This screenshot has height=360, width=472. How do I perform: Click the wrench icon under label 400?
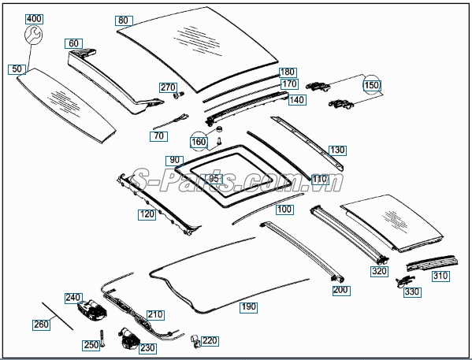pyautogui.click(x=33, y=35)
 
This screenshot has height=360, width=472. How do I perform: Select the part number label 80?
pyautogui.click(x=124, y=20)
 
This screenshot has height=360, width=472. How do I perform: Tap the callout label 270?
pyautogui.click(x=168, y=87)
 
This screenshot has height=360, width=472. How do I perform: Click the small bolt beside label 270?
pyautogui.click(x=179, y=95)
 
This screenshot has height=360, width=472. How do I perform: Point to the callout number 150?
pyautogui.click(x=372, y=85)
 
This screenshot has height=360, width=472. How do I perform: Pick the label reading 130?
pyautogui.click(x=337, y=150)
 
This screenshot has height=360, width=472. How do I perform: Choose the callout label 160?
pyautogui.click(x=199, y=142)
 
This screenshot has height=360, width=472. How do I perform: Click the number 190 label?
pyautogui.click(x=249, y=307)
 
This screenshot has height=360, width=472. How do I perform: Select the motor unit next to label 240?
pyautogui.click(x=92, y=310)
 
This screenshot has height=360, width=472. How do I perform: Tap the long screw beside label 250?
pyautogui.click(x=102, y=339)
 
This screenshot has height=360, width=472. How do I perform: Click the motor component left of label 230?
pyautogui.click(x=129, y=339)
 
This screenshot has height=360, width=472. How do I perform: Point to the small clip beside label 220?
pyautogui.click(x=195, y=341)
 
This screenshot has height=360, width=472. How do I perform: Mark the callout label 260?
pyautogui.click(x=41, y=325)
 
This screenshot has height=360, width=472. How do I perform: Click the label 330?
pyautogui.click(x=412, y=292)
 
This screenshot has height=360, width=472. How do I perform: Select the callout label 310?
pyautogui.click(x=440, y=276)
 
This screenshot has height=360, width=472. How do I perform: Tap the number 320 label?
pyautogui.click(x=379, y=271)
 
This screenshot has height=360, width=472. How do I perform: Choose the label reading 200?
pyautogui.click(x=341, y=290)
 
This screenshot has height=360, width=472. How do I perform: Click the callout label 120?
pyautogui.click(x=147, y=214)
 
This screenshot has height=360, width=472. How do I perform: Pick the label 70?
pyautogui.click(x=158, y=136)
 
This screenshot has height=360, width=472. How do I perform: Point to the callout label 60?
pyautogui.click(x=73, y=43)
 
